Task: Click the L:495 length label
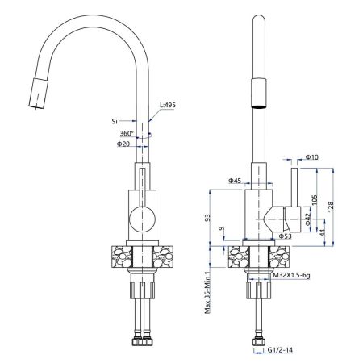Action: (x=168, y=105)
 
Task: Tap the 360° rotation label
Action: (x=127, y=133)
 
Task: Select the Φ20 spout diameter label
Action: (x=123, y=144)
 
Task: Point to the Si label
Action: (x=115, y=121)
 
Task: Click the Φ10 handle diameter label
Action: (x=312, y=156)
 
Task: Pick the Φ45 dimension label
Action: (x=235, y=181)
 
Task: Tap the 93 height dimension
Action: (x=207, y=218)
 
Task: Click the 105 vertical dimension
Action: (x=314, y=200)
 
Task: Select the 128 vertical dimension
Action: (x=331, y=207)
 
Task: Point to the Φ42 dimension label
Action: (x=308, y=219)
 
